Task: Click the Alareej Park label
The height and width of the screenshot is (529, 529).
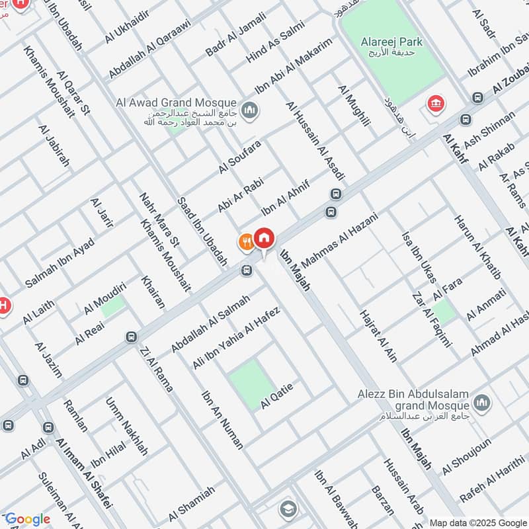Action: click(391, 42)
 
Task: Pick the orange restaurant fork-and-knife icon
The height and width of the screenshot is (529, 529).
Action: click(246, 243)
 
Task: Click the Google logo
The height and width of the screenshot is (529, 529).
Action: click(28, 519)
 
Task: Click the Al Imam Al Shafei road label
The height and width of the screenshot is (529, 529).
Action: click(83, 474)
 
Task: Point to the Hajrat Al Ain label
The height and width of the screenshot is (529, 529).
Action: click(378, 335)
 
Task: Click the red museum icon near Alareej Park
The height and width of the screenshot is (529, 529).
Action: click(435, 103)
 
